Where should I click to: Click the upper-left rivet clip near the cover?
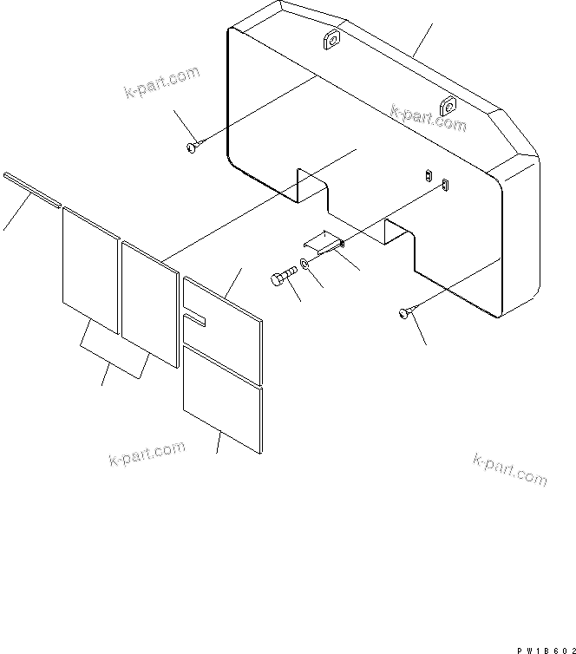(x=193, y=147)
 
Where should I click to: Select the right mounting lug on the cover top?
(x=448, y=107)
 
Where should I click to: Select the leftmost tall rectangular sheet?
(x=90, y=270)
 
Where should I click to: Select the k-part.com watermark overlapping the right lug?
(x=428, y=118)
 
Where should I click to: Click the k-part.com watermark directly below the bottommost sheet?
(x=147, y=452)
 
